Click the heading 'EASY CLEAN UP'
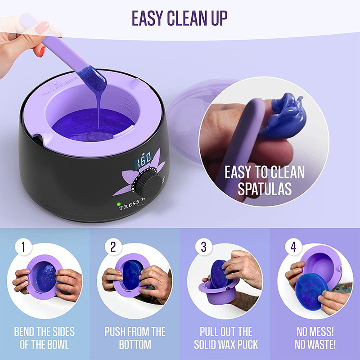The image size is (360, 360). click(180, 18)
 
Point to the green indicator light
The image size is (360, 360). click(119, 204)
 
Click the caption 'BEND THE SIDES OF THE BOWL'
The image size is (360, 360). click(45, 338)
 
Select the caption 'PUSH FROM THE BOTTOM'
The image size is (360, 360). click(135, 338)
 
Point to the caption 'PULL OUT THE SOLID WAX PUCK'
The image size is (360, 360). click(225, 338)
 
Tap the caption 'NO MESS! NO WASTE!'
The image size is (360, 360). click(315, 338)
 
